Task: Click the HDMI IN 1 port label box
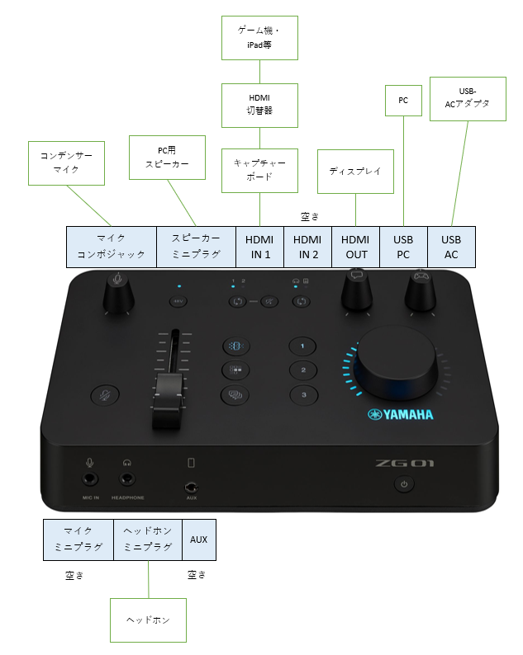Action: tap(259, 247)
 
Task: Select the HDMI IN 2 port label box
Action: tap(308, 247)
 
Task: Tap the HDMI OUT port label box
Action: tap(355, 247)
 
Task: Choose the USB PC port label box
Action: tap(404, 247)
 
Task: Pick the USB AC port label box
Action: tap(451, 247)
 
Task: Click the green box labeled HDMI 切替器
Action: tap(259, 106)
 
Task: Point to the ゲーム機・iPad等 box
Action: tap(259, 38)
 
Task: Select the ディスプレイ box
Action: tap(355, 172)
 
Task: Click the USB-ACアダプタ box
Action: tap(468, 99)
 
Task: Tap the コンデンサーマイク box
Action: tap(67, 163)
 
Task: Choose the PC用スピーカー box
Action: tap(168, 158)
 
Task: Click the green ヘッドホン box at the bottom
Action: tap(148, 620)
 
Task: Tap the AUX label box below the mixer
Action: tap(199, 540)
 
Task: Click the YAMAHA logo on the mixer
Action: tap(401, 414)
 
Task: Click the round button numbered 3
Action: tap(304, 395)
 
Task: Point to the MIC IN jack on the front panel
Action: tap(90, 479)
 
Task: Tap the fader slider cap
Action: tap(168, 400)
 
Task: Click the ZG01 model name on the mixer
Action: tap(405, 463)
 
